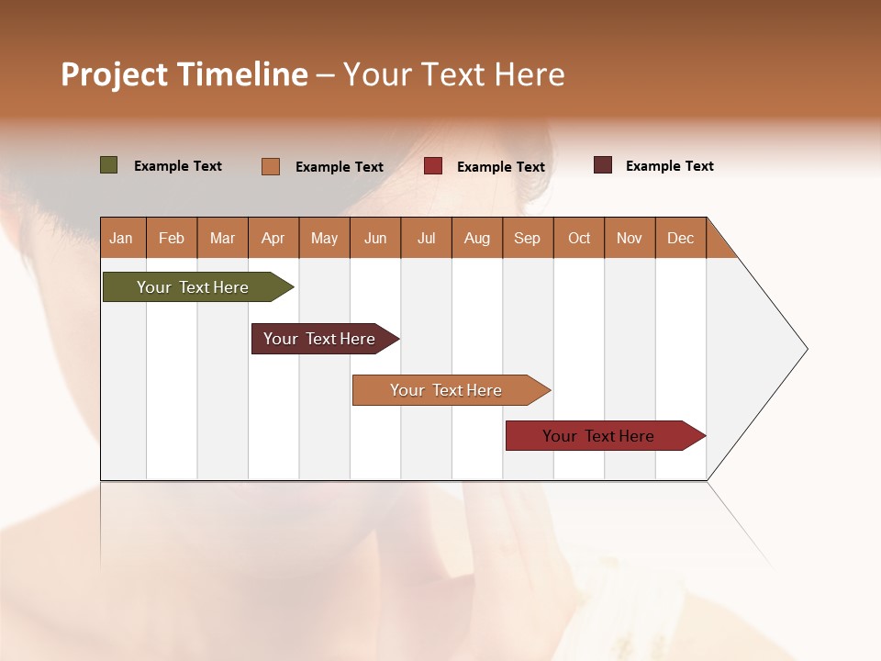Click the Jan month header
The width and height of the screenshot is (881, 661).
coord(122,238)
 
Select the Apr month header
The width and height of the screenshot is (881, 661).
coord(273,238)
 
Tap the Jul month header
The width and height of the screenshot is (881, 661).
coord(426,238)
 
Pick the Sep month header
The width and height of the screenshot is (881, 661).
coord(528,238)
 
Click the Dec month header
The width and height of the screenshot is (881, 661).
coord(680,238)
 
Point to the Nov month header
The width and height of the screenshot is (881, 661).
coord(630,238)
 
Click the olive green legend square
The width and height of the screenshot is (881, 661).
coord(108,165)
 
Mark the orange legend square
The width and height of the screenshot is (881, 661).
coord(271,166)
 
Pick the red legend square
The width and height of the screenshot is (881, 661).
coord(433,166)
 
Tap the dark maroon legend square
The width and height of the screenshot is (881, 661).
coord(603,165)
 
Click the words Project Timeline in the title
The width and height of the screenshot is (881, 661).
coord(184,74)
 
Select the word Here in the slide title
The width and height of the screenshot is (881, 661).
coord(530,74)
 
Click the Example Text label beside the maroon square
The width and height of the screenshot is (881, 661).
coord(669,165)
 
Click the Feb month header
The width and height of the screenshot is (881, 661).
coord(172,238)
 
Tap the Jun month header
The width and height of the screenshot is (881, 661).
coord(375,238)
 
